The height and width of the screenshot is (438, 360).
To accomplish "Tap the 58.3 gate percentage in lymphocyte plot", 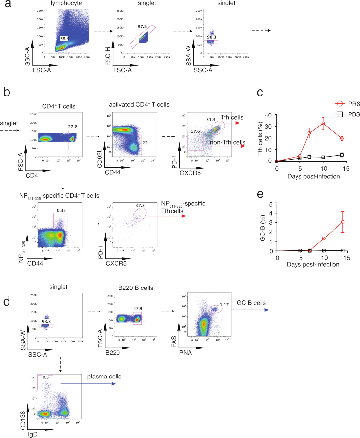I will tap(64, 39).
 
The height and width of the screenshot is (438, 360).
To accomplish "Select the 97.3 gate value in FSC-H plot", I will tap(142, 26).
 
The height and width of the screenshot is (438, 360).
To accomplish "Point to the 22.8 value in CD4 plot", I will tap(73, 127).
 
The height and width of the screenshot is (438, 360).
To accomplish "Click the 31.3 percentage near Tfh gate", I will tap(211, 120).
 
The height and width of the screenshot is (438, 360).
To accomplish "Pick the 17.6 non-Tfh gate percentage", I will tap(195, 131).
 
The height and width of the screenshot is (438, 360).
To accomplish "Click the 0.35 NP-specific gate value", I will tap(61, 210).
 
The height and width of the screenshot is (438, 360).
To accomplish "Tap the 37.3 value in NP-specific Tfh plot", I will tap(140, 206).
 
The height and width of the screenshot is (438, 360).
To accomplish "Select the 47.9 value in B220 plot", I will tap(138, 308).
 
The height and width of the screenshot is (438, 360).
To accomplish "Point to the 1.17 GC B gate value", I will tap(224, 305).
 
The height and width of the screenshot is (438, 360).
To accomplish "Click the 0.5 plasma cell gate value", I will tap(46, 377).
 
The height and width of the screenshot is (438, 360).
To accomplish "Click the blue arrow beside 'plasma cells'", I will tap(88, 384).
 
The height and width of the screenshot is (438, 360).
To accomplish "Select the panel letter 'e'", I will tap(260, 194).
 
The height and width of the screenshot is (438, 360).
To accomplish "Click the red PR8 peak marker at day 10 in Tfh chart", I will tap(323, 123).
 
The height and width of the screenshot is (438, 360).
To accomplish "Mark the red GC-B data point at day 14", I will tap(343, 222).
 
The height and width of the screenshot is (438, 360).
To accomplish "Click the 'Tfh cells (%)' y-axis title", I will tap(261, 138).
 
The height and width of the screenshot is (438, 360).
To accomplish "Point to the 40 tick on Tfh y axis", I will tap(268, 115).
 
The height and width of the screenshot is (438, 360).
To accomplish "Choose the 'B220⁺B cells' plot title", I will tap(135, 288).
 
